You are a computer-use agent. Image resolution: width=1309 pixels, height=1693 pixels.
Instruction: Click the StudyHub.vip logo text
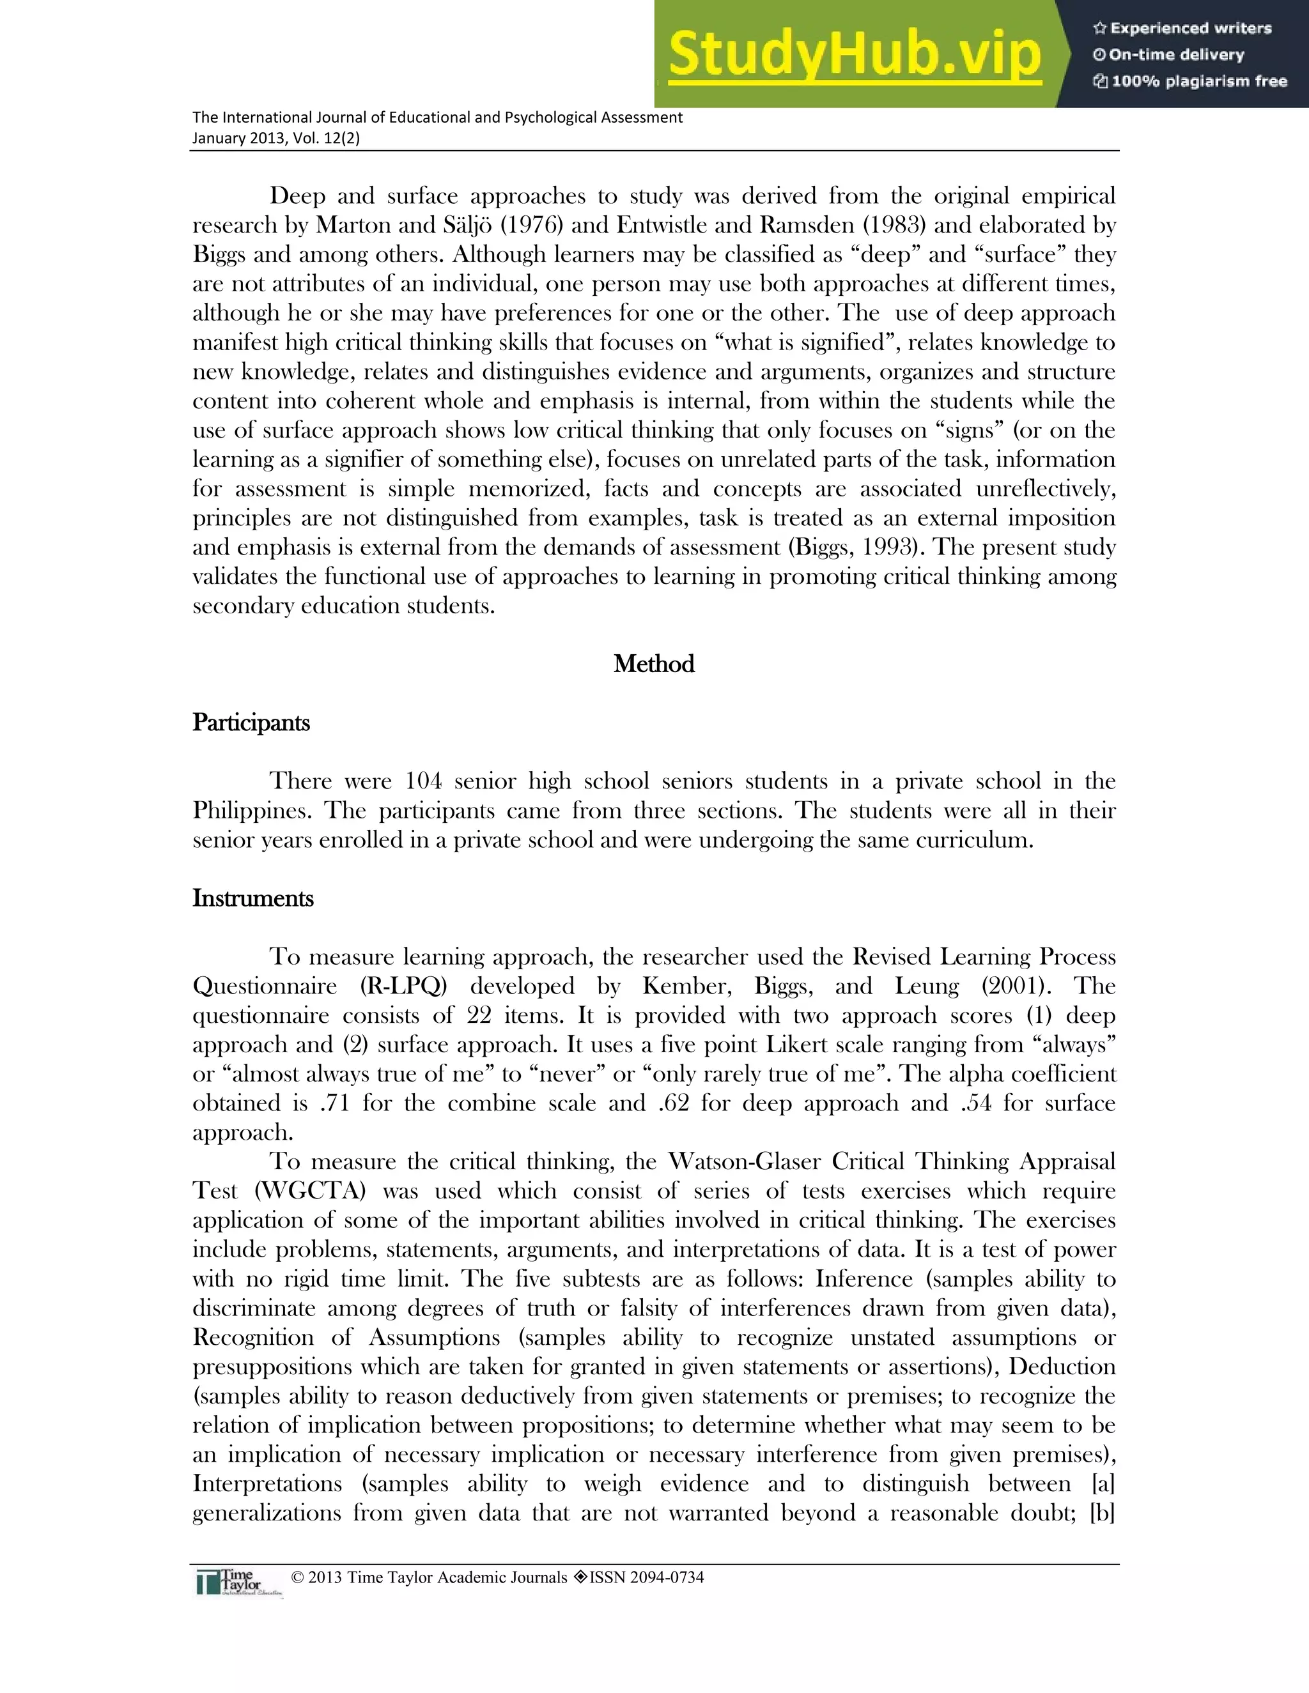pos(854,55)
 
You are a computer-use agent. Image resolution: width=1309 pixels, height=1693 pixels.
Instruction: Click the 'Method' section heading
pos(654,664)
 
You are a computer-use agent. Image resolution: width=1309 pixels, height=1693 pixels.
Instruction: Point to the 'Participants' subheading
pos(251,723)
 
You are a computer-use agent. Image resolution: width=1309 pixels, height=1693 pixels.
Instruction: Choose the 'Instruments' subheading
pos(253,898)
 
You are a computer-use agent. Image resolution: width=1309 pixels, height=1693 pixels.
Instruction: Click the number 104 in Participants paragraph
pos(423,781)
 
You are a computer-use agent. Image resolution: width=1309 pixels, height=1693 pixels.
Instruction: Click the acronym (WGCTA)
pos(309,1191)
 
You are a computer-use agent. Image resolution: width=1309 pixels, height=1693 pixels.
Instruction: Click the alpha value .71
pos(334,1103)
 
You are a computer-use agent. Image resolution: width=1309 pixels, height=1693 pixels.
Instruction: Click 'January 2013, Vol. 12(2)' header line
pos(276,139)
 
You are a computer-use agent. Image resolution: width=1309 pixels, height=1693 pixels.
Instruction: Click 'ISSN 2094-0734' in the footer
pos(646,1577)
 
